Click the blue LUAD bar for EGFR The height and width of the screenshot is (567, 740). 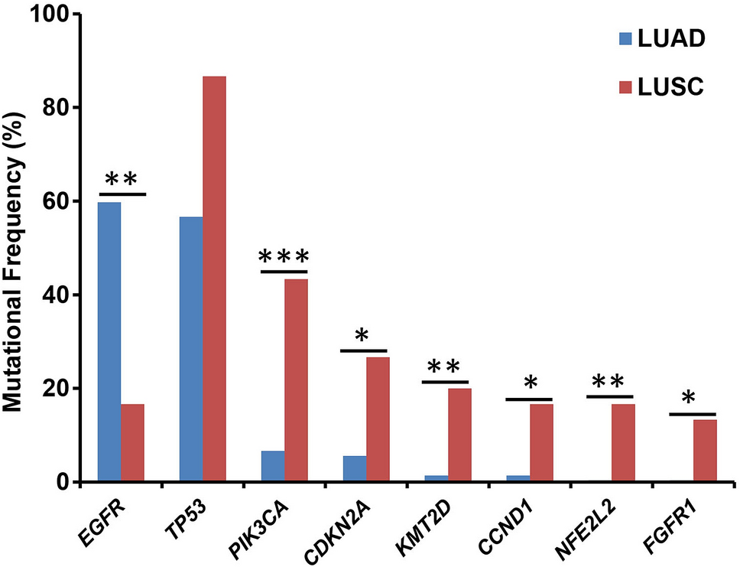(109, 341)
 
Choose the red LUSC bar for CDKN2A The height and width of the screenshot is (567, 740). (378, 419)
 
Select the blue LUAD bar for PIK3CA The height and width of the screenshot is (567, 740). (272, 466)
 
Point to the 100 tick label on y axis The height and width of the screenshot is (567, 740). (50, 15)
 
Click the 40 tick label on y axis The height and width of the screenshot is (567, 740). (57, 295)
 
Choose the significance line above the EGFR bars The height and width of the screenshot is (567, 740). (122, 194)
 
